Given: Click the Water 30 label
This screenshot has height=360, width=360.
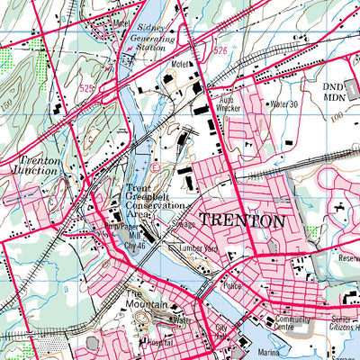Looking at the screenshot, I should pyautogui.click(x=283, y=104).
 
